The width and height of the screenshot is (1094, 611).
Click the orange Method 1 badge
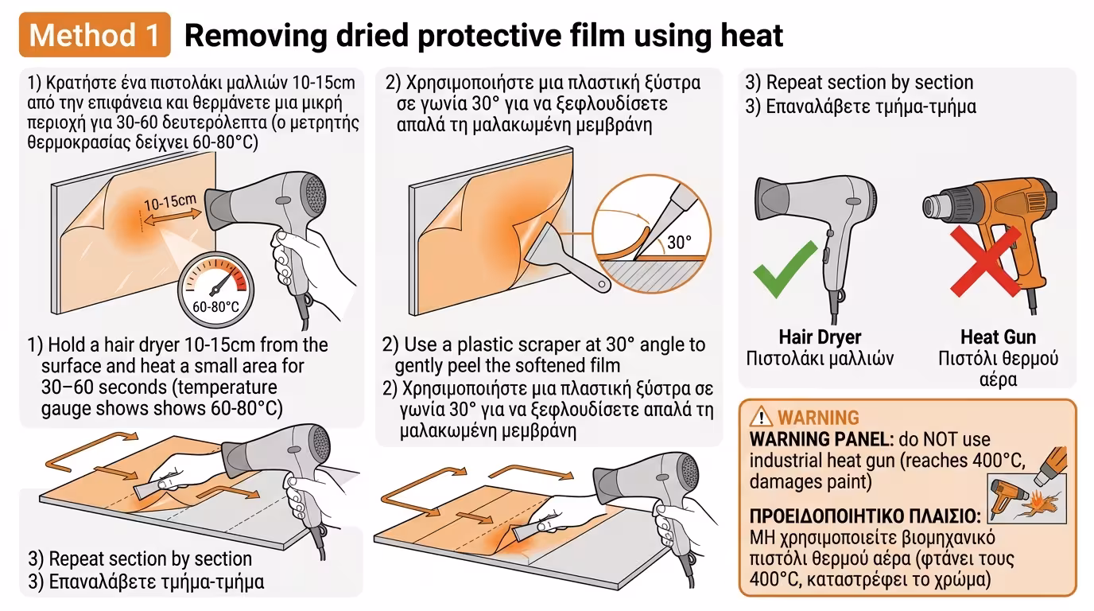pyautogui.click(x=95, y=35)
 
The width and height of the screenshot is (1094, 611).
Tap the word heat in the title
pyautogui.click(x=751, y=35)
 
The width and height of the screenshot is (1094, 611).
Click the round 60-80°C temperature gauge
pyautogui.click(x=215, y=290)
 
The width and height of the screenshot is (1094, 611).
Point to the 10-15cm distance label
pyautogui.click(x=170, y=201)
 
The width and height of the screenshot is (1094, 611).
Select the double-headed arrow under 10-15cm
pyautogui.click(x=173, y=217)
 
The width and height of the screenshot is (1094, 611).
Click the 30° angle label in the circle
pyautogui.click(x=679, y=243)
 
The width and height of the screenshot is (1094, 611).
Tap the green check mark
pyautogui.click(x=785, y=270)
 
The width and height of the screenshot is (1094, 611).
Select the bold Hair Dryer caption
pyautogui.click(x=820, y=337)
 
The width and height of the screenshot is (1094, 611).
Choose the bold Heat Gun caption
pyautogui.click(x=998, y=337)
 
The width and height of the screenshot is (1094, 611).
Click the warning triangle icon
pyautogui.click(x=760, y=417)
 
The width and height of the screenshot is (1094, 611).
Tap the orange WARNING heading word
pyautogui.click(x=818, y=418)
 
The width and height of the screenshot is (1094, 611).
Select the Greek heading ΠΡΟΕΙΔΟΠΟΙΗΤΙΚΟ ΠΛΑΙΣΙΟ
pyautogui.click(x=864, y=516)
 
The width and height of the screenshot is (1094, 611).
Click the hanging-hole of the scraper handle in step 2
pyautogui.click(x=602, y=284)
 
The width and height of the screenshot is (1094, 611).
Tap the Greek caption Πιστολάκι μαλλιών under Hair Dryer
pyautogui.click(x=820, y=359)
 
